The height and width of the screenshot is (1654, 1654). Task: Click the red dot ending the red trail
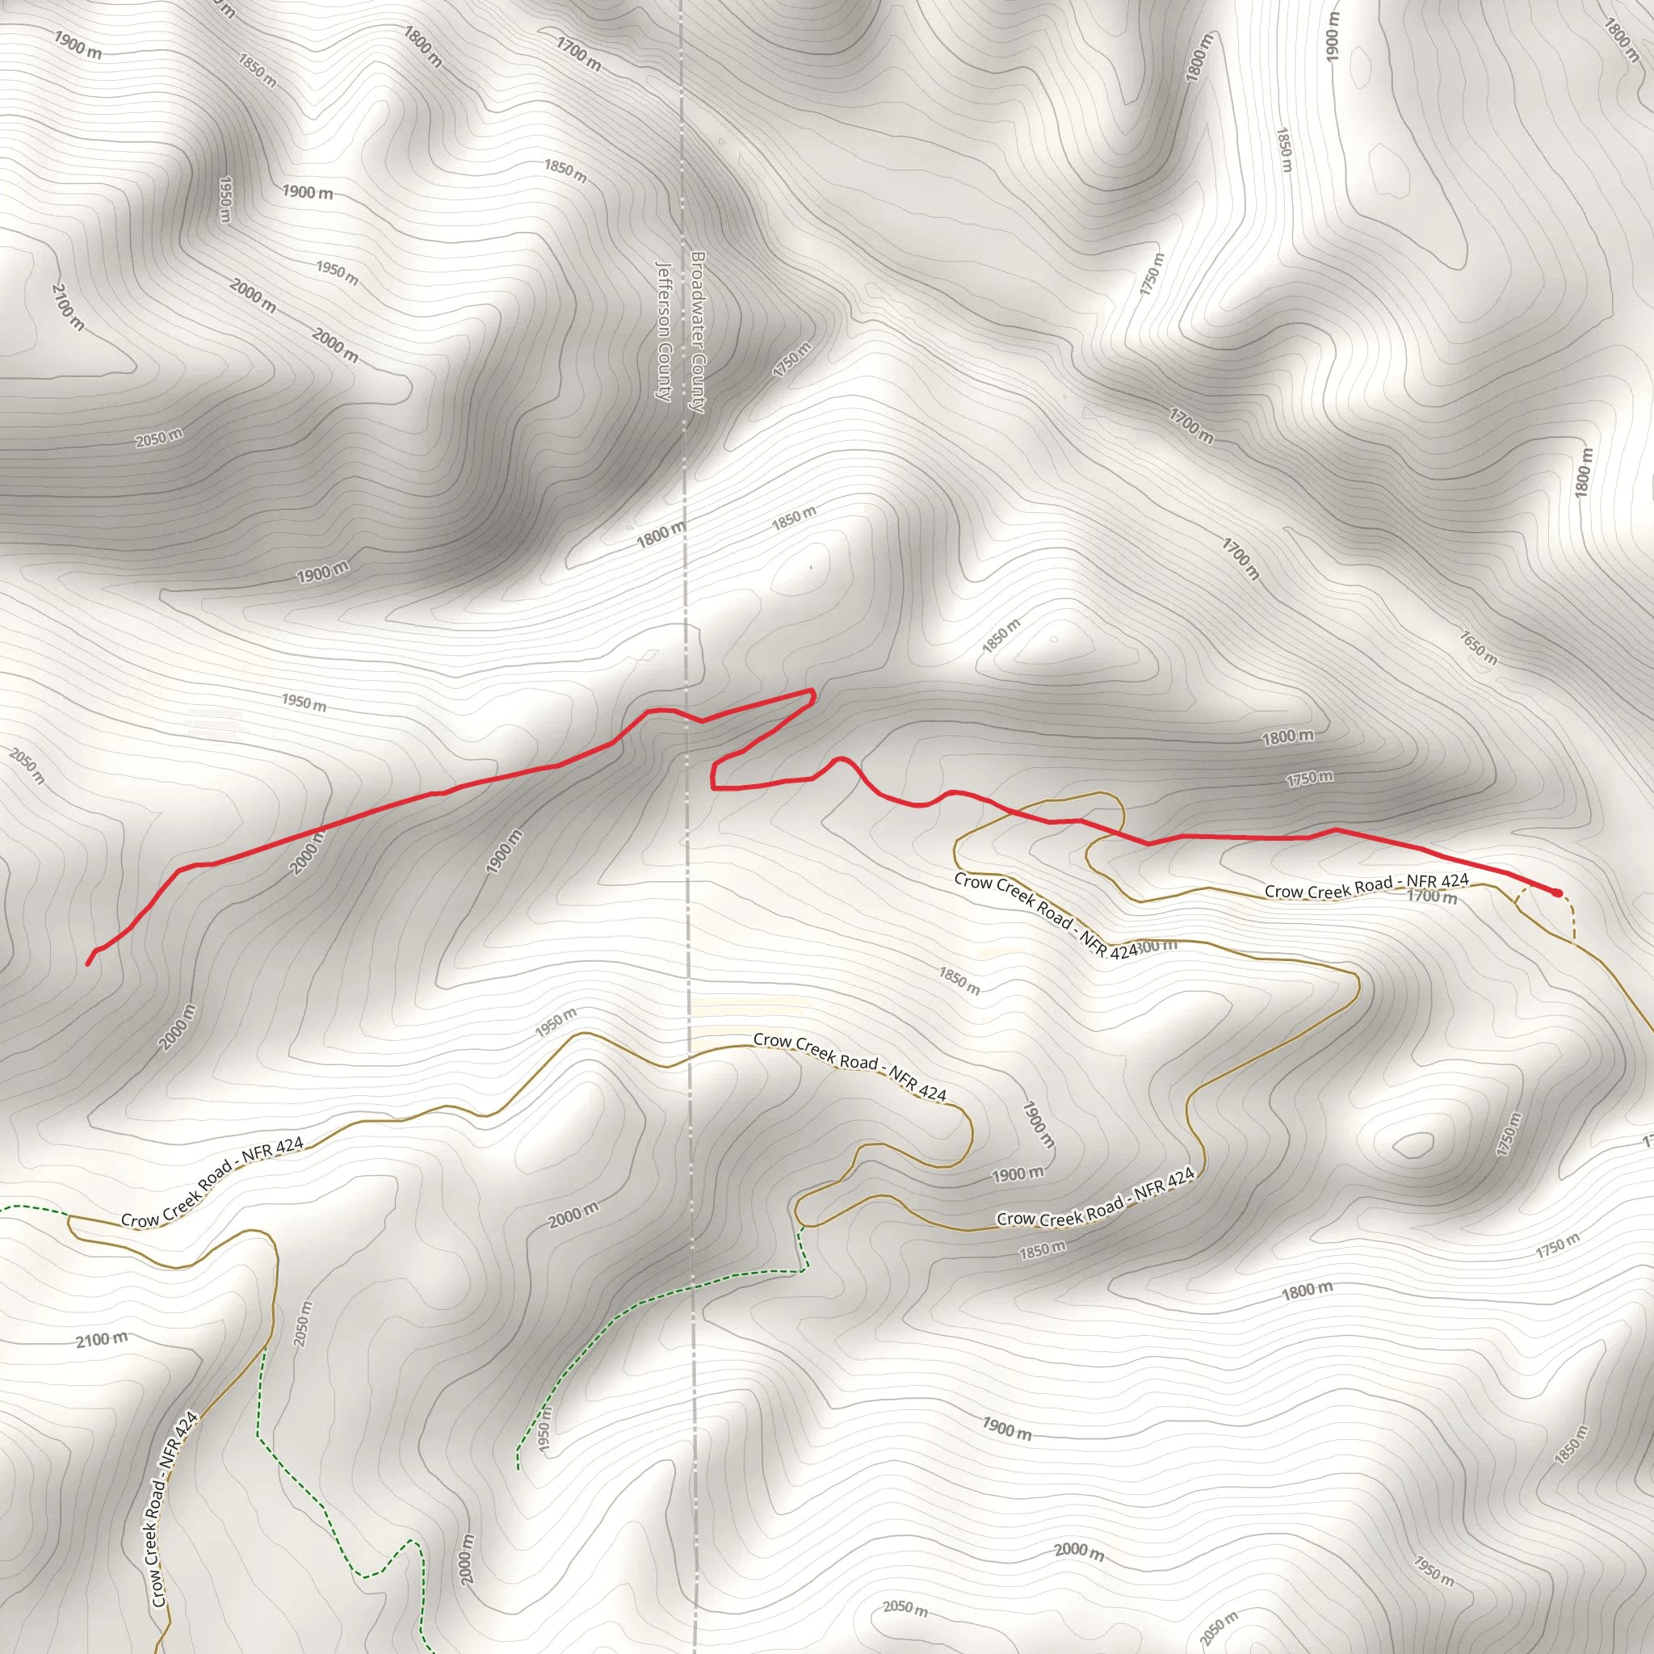click(1557, 893)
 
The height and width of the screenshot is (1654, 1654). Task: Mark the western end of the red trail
click(88, 964)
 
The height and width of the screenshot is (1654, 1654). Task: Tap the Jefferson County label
click(664, 330)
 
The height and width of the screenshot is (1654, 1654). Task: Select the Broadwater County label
click(698, 332)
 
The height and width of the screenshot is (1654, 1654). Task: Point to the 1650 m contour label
click(1479, 647)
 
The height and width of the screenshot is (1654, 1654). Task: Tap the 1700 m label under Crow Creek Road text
click(1432, 896)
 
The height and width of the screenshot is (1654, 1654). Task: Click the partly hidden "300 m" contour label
click(1158, 946)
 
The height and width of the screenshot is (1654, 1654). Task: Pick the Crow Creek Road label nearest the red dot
click(1366, 886)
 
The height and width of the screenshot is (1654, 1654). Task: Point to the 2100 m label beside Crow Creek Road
click(101, 1339)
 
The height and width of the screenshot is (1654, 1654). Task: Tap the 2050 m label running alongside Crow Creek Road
click(303, 1324)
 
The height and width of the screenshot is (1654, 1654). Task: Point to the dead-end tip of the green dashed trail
click(518, 1468)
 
